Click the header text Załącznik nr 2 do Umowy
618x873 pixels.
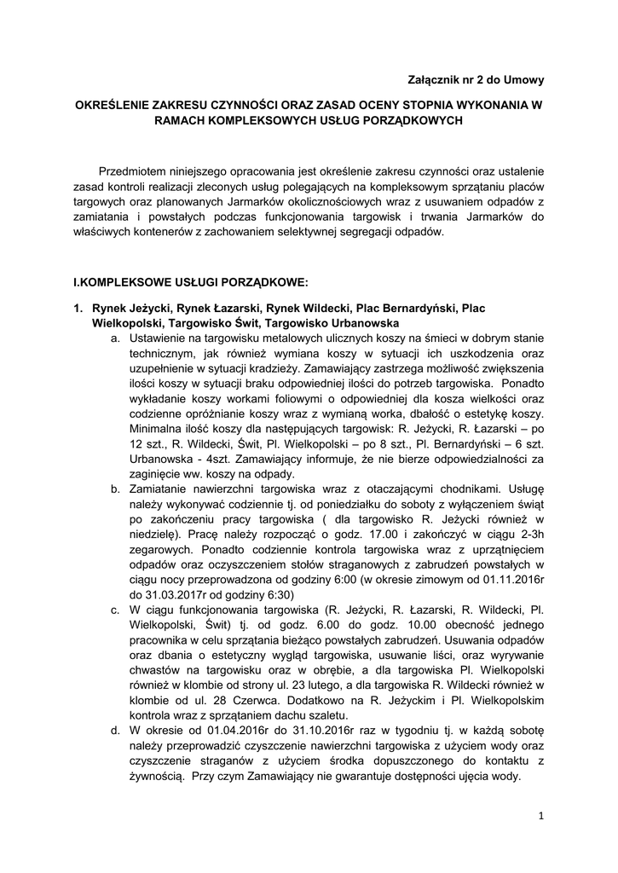pos(476,79)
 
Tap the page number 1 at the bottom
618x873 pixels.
pos(540,816)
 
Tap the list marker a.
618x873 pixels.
pos(116,339)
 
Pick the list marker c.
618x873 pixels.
pos(116,610)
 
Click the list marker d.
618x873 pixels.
pos(116,731)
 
